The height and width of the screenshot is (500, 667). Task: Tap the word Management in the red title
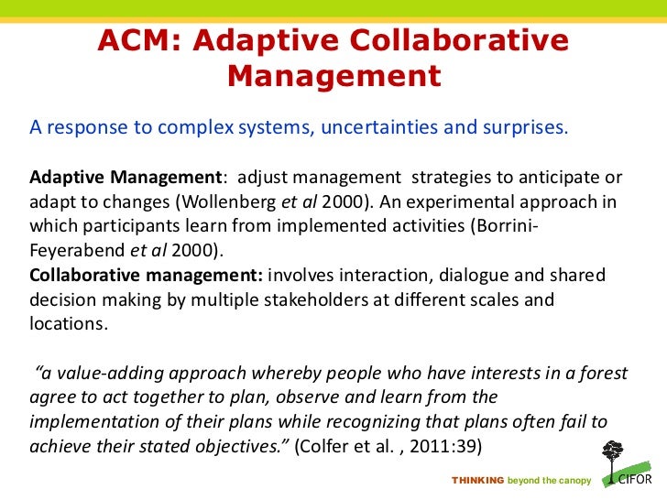tap(333, 76)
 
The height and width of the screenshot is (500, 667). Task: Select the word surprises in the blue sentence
tap(522, 126)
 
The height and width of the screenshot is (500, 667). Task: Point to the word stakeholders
tap(316, 298)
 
